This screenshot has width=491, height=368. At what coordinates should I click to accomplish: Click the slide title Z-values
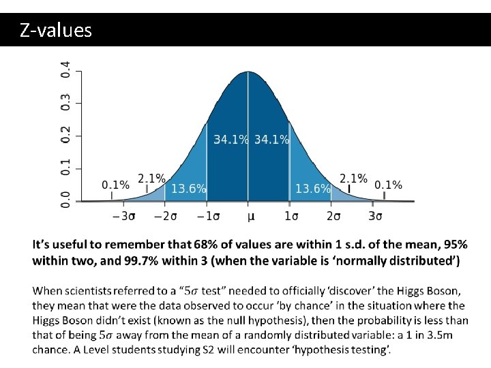56,31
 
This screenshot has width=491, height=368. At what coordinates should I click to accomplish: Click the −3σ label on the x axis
123,217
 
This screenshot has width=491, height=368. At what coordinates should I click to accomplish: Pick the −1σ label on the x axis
207,217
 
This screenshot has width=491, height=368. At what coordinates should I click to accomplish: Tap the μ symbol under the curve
250,217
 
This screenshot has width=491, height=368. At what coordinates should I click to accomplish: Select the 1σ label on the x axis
291,217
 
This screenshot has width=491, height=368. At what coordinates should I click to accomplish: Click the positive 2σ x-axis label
333,217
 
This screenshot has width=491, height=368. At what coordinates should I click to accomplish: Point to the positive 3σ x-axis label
375,217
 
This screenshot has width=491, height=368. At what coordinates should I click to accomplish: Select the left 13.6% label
188,189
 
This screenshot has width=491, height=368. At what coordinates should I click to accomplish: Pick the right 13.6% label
313,189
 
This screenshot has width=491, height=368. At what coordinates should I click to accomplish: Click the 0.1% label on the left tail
115,185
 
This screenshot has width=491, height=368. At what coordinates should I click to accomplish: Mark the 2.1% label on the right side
353,179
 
